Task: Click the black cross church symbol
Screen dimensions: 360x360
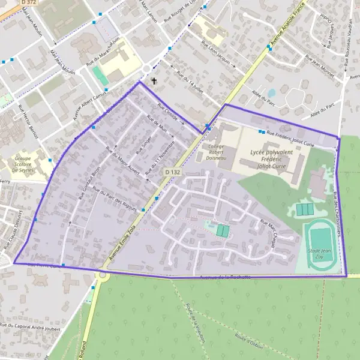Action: coord(154,80)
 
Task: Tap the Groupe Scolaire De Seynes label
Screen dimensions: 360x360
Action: coord(23,165)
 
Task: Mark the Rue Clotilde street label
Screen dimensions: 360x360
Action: coord(167,112)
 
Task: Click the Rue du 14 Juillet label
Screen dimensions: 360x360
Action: coord(191,83)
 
